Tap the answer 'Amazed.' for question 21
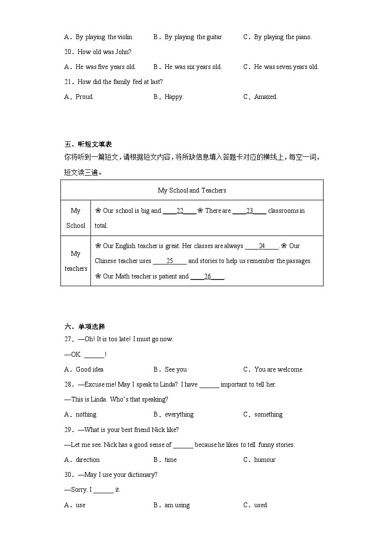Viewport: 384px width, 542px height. [x=266, y=97]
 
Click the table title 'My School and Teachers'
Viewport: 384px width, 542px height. [x=192, y=190]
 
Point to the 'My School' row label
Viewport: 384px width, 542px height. [x=75, y=218]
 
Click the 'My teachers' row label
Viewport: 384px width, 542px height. [x=75, y=261]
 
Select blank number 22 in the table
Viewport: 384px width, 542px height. [x=179, y=211]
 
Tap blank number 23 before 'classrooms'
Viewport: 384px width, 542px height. [x=250, y=211]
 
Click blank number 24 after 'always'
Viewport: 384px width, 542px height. [x=262, y=246]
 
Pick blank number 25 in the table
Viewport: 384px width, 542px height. [x=170, y=261]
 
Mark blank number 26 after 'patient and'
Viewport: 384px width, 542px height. [x=207, y=277]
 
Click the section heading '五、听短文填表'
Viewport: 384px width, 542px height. [x=88, y=144]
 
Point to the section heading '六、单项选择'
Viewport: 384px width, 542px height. [x=85, y=327]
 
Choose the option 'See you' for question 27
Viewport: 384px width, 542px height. [x=176, y=369]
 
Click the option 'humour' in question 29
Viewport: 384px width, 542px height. [x=265, y=459]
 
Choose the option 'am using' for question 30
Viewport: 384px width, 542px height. [x=177, y=505]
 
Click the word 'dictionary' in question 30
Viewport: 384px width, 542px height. [x=140, y=474]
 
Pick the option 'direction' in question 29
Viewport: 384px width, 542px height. [x=88, y=459]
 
